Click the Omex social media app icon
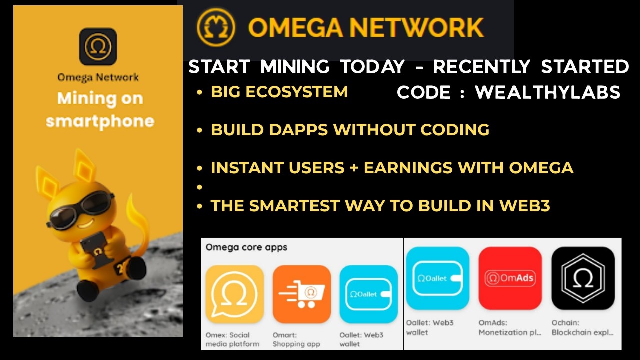coord(234,294)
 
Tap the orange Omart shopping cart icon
coord(302,294)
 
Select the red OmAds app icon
coord(510,278)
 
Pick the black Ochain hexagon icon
coord(583,278)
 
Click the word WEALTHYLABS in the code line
coord(548,92)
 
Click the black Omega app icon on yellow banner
coord(98,47)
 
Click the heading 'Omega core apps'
coord(246,247)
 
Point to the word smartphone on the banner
coord(100,121)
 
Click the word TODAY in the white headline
coord(372,67)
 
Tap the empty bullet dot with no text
coord(200,187)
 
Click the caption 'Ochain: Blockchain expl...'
coord(582,328)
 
